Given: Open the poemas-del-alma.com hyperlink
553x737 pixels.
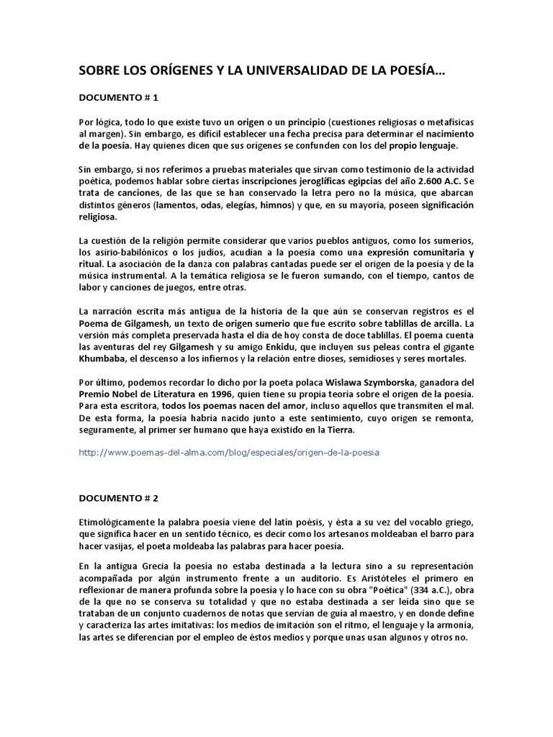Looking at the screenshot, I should (x=228, y=453).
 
